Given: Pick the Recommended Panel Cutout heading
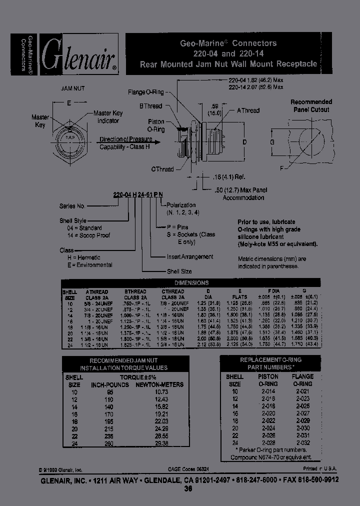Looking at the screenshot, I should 311,105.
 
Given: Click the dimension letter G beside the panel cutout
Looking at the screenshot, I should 272,142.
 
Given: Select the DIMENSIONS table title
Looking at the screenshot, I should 191,283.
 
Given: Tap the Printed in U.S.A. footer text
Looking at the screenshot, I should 319,468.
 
